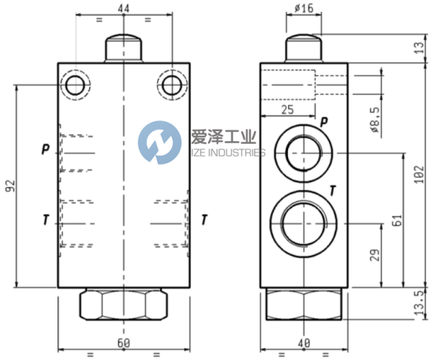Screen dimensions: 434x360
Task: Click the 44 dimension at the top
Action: pyautogui.click(x=123, y=9)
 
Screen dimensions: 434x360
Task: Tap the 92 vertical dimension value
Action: pyautogui.click(x=10, y=186)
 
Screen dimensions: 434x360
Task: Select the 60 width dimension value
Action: pyautogui.click(x=123, y=343)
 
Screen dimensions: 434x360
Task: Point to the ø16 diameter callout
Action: pyautogui.click(x=304, y=8)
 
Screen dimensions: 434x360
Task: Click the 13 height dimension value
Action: pyautogui.click(x=420, y=47)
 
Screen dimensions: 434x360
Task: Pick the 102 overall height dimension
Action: pyautogui.click(x=420, y=174)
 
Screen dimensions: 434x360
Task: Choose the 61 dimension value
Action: pyautogui.click(x=397, y=220)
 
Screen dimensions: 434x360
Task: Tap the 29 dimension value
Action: pyautogui.click(x=375, y=255)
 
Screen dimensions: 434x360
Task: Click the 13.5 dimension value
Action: pyautogui.click(x=420, y=302)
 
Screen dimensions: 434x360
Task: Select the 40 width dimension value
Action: pyautogui.click(x=304, y=343)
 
